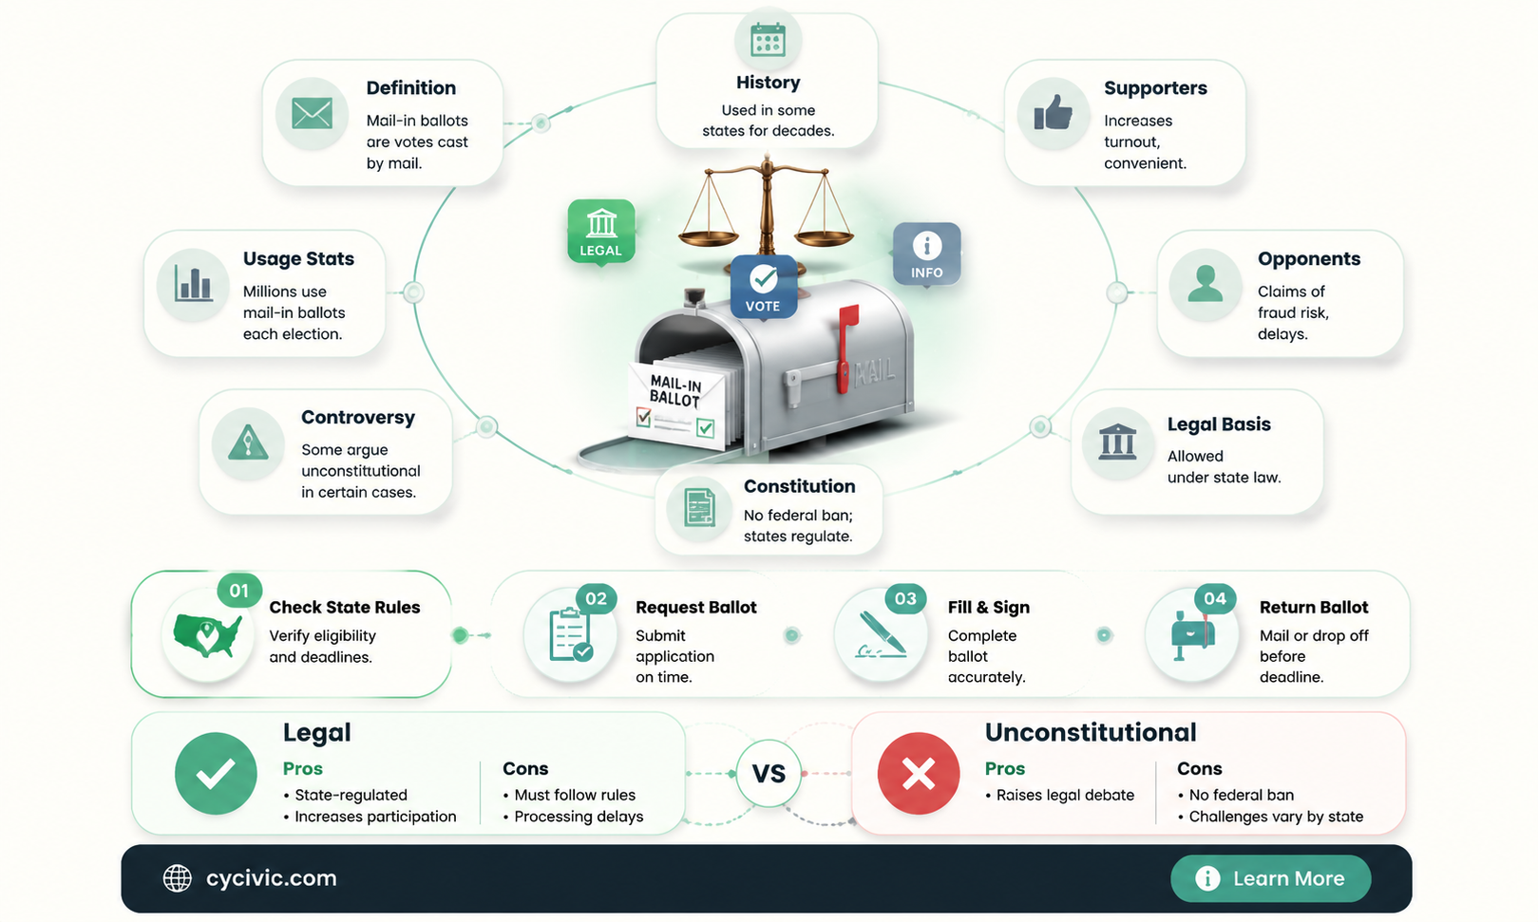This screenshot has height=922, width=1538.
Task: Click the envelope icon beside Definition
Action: click(312, 114)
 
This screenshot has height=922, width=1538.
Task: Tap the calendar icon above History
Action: click(768, 39)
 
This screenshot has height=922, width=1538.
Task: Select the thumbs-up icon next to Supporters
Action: click(1054, 113)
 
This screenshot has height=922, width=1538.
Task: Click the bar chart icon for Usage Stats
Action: click(193, 284)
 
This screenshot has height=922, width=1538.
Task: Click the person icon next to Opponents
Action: click(1205, 284)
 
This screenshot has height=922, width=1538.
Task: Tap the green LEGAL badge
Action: click(600, 232)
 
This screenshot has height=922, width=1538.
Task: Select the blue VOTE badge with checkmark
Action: click(763, 286)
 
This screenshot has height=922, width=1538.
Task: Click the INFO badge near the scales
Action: click(927, 254)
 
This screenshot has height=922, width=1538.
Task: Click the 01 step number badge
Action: click(239, 591)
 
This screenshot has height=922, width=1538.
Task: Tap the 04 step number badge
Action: click(1215, 598)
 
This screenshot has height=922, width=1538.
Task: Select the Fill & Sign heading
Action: click(989, 608)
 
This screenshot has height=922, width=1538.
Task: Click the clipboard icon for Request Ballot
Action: click(571, 635)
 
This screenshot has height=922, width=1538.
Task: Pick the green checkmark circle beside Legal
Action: click(216, 774)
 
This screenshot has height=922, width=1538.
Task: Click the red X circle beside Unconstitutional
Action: click(918, 774)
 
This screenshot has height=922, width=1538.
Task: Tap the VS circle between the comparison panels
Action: click(769, 774)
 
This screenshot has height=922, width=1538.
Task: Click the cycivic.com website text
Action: click(271, 878)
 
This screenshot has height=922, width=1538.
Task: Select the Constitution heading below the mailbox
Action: click(799, 486)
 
